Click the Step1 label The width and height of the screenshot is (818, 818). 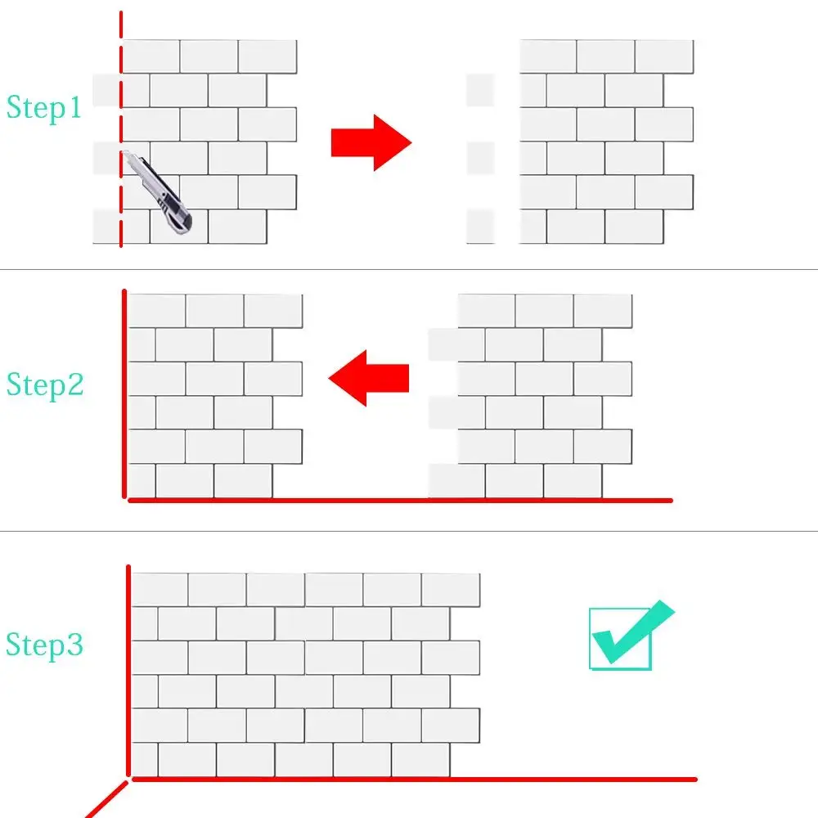(44, 107)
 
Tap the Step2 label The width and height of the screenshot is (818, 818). (45, 384)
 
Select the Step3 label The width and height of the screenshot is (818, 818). (45, 645)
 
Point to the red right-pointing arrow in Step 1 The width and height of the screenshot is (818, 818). (371, 142)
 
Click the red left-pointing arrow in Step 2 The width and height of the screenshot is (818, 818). (368, 378)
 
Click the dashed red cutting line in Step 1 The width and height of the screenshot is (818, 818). (121, 98)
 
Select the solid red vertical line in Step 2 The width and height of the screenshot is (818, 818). (124, 393)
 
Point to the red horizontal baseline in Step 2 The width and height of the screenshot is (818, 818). (401, 500)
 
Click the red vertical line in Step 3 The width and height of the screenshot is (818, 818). (128, 671)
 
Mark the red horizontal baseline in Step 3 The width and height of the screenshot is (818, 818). (409, 779)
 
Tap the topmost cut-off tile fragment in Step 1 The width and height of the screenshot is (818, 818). (480, 90)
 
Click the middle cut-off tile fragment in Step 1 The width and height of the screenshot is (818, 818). (480, 158)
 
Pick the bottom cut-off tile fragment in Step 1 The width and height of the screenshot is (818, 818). (480, 226)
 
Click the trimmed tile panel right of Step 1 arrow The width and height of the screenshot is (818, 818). (605, 142)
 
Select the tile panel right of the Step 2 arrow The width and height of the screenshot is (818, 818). (532, 396)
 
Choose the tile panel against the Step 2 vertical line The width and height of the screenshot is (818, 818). (214, 396)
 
